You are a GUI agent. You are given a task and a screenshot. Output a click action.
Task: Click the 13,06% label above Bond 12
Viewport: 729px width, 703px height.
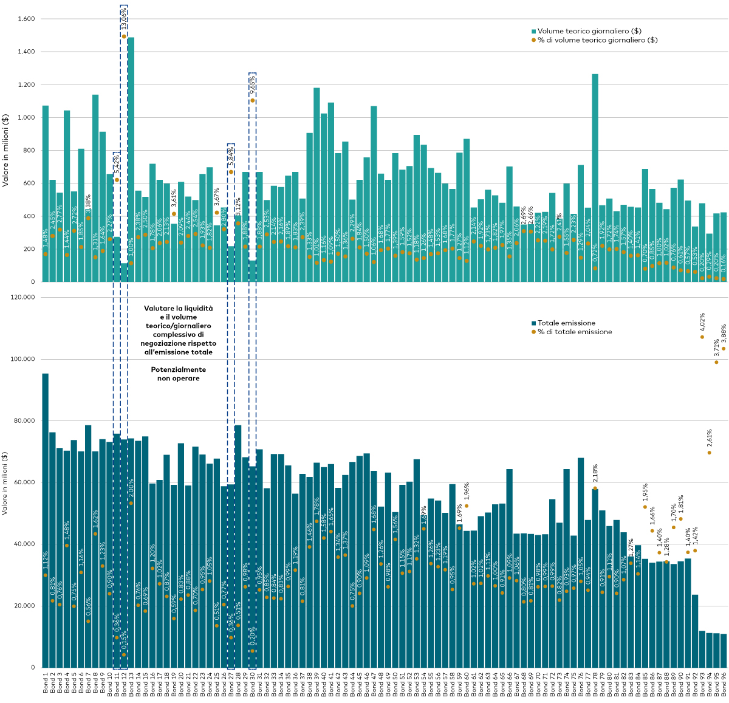(124, 18)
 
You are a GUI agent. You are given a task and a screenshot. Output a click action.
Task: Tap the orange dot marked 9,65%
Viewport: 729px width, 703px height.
(253, 100)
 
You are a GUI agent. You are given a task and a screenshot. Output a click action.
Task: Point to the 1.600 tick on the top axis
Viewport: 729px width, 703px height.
(24, 19)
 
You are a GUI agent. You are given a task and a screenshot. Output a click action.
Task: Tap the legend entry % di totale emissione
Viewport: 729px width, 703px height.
(574, 332)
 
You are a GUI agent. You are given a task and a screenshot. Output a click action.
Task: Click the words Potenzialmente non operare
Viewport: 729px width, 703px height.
(178, 374)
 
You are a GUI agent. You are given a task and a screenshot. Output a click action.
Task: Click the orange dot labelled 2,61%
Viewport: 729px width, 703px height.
(709, 453)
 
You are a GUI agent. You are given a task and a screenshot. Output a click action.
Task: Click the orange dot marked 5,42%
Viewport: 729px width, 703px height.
(117, 180)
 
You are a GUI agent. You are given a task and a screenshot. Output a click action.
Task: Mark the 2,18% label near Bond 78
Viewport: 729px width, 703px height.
(595, 475)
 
